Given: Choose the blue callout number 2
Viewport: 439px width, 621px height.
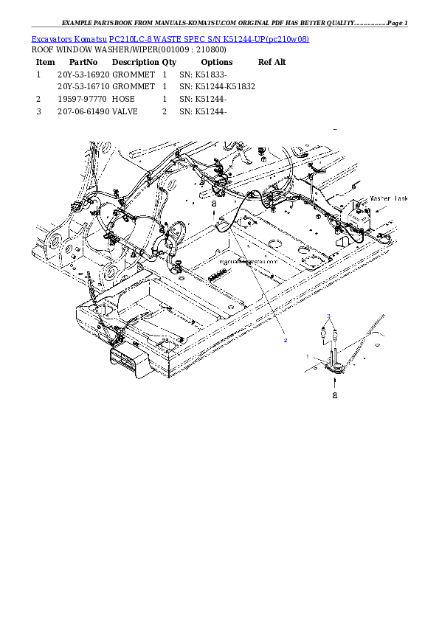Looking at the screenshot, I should point(286,341).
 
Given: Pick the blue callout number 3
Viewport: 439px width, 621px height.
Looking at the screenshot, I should point(328,316).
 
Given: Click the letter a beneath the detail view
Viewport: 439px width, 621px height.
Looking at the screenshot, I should point(335,395).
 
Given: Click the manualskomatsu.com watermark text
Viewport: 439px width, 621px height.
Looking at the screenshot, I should point(249,261).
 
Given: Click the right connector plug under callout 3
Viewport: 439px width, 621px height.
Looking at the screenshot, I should point(336,333).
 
